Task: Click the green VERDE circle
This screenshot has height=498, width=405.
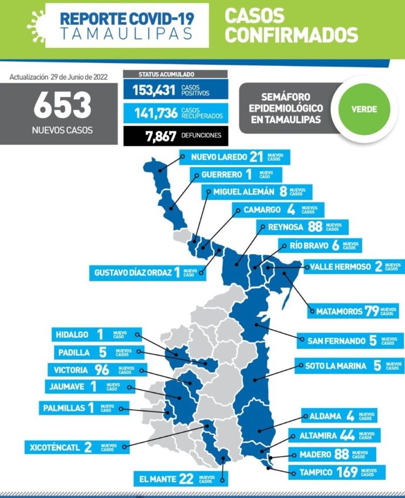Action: (x=364, y=108)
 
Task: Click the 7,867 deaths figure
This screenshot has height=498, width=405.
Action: (x=160, y=135)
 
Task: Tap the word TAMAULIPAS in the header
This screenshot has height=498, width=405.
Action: (x=126, y=33)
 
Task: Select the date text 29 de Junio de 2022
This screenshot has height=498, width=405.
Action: (x=79, y=77)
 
